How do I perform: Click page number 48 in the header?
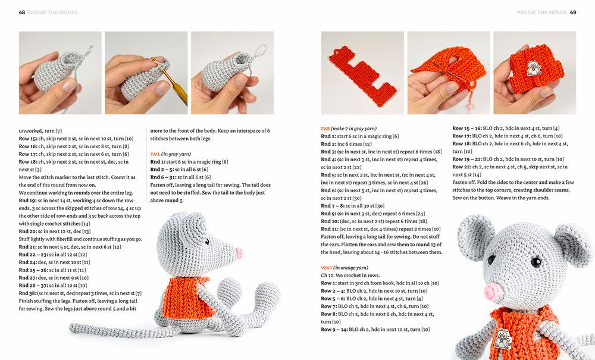22,12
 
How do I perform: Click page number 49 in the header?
572,12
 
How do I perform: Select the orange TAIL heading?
156,154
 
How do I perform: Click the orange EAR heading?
325,129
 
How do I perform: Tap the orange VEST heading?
326,268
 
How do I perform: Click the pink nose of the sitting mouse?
239,253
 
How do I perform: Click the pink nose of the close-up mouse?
493,292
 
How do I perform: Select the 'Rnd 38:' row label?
27,293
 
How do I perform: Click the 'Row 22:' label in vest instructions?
462,167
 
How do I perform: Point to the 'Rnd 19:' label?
27,201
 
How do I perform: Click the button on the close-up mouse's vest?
503,338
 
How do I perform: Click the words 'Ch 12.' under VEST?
328,276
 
